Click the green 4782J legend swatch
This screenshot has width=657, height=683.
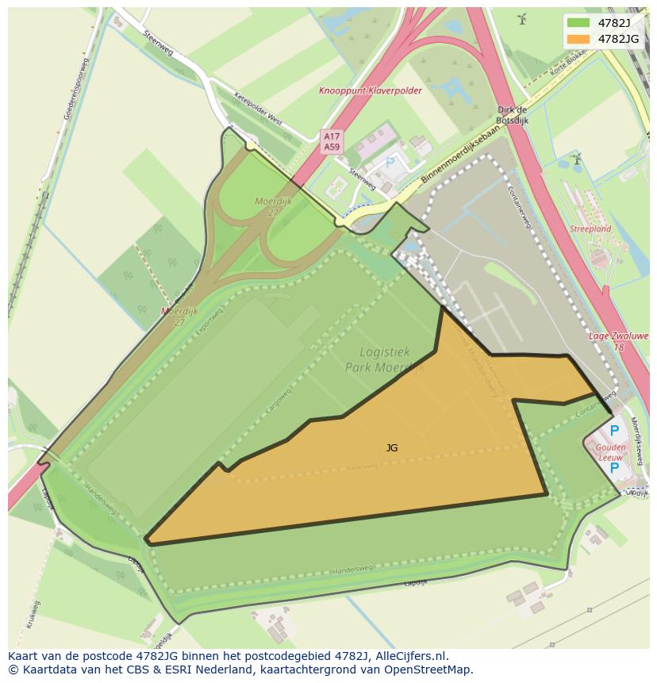pos(578,22)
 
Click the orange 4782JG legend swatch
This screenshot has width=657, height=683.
pos(578,38)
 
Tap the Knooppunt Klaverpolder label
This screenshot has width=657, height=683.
pos(371,91)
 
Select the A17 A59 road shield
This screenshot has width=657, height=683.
pos(332,142)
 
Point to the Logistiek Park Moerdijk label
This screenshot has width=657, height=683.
pos(384,359)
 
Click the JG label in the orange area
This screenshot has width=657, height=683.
pos(392,448)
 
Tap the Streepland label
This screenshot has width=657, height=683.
pos(590,229)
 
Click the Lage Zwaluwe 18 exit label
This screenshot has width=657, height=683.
pos(618,342)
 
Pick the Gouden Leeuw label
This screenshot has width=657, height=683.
pos(611,452)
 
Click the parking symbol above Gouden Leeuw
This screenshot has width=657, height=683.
pos(613,432)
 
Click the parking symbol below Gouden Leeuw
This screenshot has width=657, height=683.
pos(613,469)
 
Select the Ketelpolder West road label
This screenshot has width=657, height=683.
pos(258,109)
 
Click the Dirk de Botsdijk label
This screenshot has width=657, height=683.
pos(512,115)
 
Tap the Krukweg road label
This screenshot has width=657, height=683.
pos(33,615)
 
